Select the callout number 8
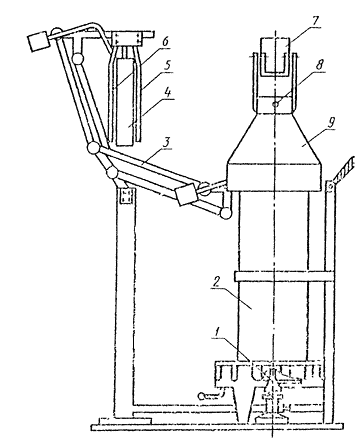point(319,64)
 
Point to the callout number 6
point(165,42)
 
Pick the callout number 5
point(167,65)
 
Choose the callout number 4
point(167,92)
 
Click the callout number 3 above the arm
point(167,142)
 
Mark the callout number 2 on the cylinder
point(216,283)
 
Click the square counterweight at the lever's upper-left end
point(38,41)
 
